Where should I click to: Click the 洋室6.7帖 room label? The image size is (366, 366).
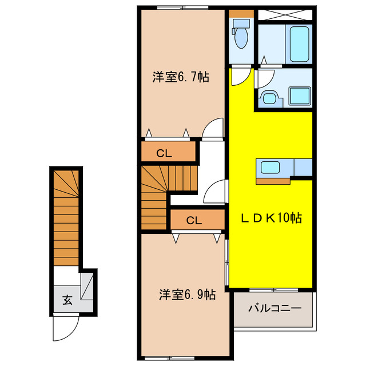pyautogui.click(x=180, y=77)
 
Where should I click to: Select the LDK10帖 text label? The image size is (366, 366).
pyautogui.click(x=271, y=218)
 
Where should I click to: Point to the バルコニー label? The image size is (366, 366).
pyautogui.click(x=274, y=309)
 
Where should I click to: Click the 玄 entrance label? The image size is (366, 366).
pyautogui.click(x=67, y=300)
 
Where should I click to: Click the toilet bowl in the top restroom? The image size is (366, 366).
pyautogui.click(x=241, y=38)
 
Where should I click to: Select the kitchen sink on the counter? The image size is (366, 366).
pyautogui.click(x=270, y=168)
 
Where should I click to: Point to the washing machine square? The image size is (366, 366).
pyautogui.click(x=299, y=95)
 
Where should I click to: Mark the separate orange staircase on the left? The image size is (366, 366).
pyautogui.click(x=67, y=217)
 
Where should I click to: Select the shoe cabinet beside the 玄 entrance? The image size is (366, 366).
pyautogui.click(x=87, y=288)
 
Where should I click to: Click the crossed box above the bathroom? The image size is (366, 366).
pyautogui.click(x=284, y=15)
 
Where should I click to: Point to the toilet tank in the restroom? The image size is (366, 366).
pyautogui.click(x=242, y=24)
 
